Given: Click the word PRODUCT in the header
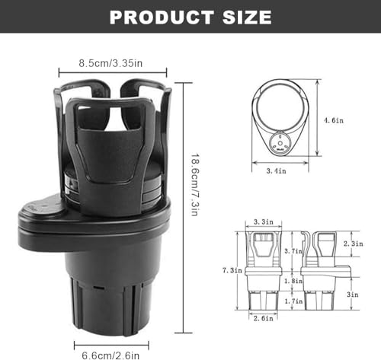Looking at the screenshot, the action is pos(162,18).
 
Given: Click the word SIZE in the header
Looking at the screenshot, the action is pos(247,18).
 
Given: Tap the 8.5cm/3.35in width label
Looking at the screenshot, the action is pos(110,63).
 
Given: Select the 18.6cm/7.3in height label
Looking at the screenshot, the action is pos(195,184).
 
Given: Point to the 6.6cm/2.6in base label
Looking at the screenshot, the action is pos(110,355).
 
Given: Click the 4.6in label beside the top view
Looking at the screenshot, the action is pos(334,120).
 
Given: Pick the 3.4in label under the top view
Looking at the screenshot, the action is pos(276,171).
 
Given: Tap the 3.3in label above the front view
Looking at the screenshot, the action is pos(264,221).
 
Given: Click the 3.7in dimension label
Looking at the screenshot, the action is pos(293,251).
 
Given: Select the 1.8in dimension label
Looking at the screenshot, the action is pos(293,281).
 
